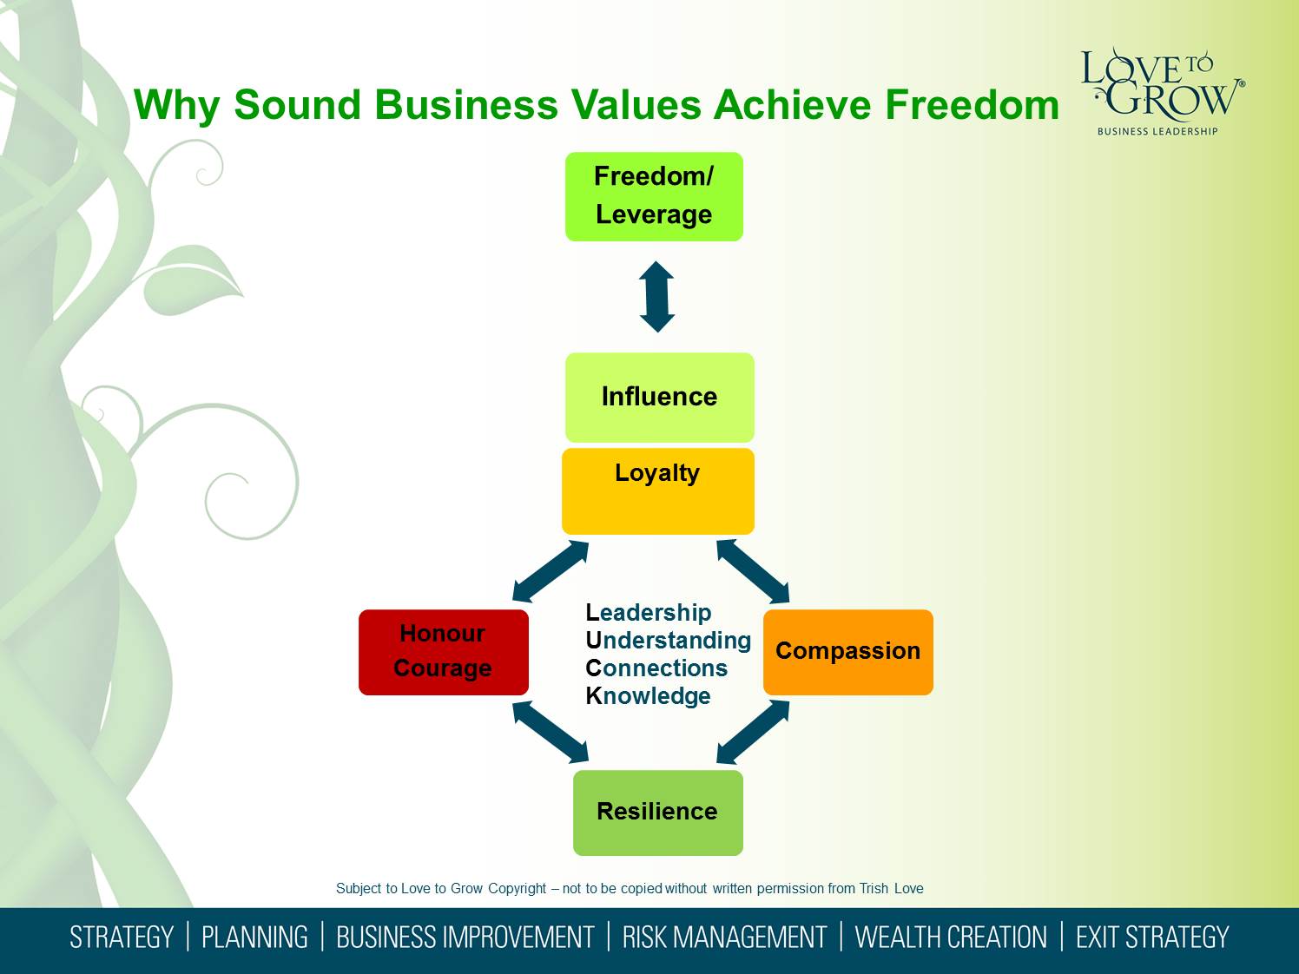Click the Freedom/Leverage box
pyautogui.click(x=654, y=196)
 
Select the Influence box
pyautogui.click(x=659, y=398)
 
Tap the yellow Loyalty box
pyautogui.click(x=657, y=491)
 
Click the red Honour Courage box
pyautogui.click(x=443, y=652)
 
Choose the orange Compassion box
pyautogui.click(x=848, y=652)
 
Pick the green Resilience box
pyautogui.click(x=657, y=813)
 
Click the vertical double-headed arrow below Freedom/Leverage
pyautogui.click(x=657, y=297)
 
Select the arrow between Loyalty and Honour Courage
pyautogui.click(x=551, y=571)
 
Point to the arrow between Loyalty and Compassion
pyautogui.click(x=753, y=571)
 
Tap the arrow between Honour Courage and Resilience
pyautogui.click(x=551, y=732)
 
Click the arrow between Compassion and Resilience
pyautogui.click(x=753, y=732)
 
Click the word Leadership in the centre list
pyautogui.click(x=649, y=613)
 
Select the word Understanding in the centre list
pyautogui.click(x=668, y=641)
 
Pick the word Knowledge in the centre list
pyautogui.click(x=648, y=696)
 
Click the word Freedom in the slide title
pyautogui.click(x=972, y=105)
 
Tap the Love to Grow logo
pyautogui.click(x=1163, y=92)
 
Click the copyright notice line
pyautogui.click(x=630, y=888)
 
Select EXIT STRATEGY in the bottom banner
pyautogui.click(x=1151, y=938)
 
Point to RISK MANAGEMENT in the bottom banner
pyautogui.click(x=724, y=938)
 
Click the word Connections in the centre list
pyautogui.click(x=656, y=668)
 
